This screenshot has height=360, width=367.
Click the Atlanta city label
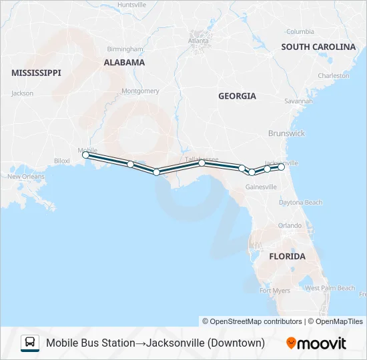click(198, 40)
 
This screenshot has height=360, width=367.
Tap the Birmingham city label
click(125, 49)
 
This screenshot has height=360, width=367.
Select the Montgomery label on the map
click(140, 91)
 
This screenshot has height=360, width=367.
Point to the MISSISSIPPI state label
click(36, 73)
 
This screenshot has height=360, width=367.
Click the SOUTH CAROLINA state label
click(318, 47)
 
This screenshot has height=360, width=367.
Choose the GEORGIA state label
click(237, 96)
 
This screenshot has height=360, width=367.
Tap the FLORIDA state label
click(287, 256)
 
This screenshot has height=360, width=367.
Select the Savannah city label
click(298, 101)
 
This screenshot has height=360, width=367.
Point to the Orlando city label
click(290, 225)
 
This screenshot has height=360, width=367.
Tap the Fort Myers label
click(275, 291)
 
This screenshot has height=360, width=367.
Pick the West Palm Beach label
click(330, 288)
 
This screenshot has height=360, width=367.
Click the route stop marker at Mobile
click(85, 155)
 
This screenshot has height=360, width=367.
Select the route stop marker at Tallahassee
click(202, 163)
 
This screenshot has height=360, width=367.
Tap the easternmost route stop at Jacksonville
click(282, 167)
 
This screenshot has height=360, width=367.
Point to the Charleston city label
click(334, 76)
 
